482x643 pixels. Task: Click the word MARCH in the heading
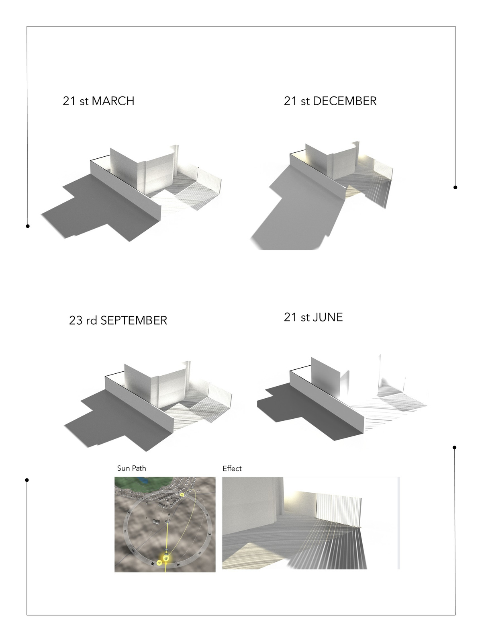113,101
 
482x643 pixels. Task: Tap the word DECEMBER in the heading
345,101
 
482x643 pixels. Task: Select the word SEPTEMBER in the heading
134,320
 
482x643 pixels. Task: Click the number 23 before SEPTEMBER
76,320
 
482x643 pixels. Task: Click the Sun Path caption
131,468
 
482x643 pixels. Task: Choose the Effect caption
232,469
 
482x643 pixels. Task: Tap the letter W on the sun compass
153,564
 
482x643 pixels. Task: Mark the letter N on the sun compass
129,512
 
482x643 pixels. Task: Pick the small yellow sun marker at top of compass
182,494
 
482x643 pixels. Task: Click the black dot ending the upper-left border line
28,226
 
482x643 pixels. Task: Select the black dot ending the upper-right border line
455,187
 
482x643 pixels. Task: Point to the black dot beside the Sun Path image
27,480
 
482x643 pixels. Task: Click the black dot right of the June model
454,447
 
